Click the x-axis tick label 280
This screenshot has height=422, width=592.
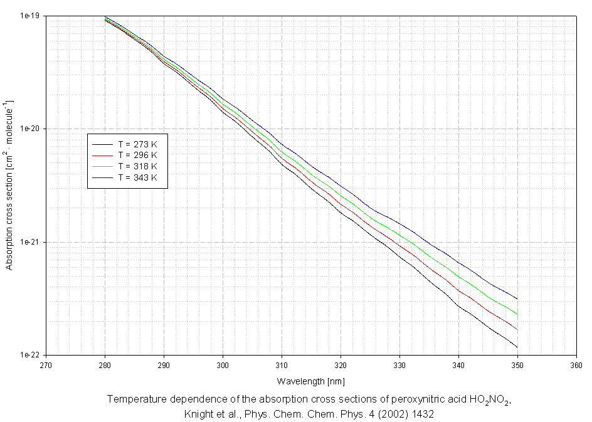point(105,364)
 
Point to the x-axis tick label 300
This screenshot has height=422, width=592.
point(223,364)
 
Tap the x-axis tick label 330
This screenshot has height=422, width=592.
point(399,364)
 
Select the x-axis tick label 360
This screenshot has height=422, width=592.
point(576,364)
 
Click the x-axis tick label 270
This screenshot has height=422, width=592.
point(46,364)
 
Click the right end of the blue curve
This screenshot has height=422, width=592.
point(517,299)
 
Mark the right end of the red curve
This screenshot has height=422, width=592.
point(517,329)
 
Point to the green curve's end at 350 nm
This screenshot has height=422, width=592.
point(517,314)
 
